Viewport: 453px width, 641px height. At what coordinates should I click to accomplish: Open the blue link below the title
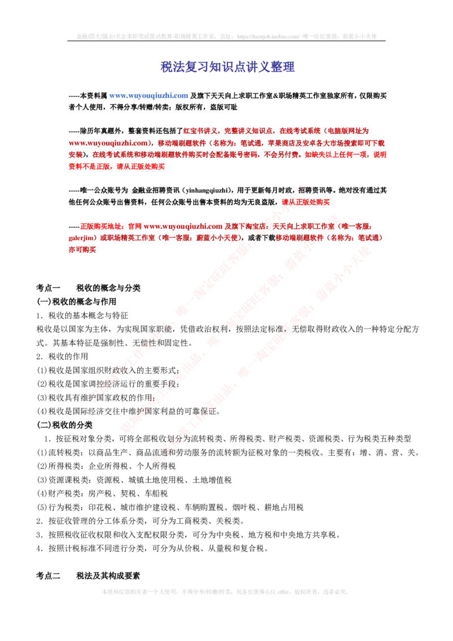coord(149,96)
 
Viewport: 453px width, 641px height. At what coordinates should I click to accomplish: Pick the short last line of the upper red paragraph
coord(117,167)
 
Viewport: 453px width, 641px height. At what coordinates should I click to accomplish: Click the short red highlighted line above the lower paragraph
coord(306,202)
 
